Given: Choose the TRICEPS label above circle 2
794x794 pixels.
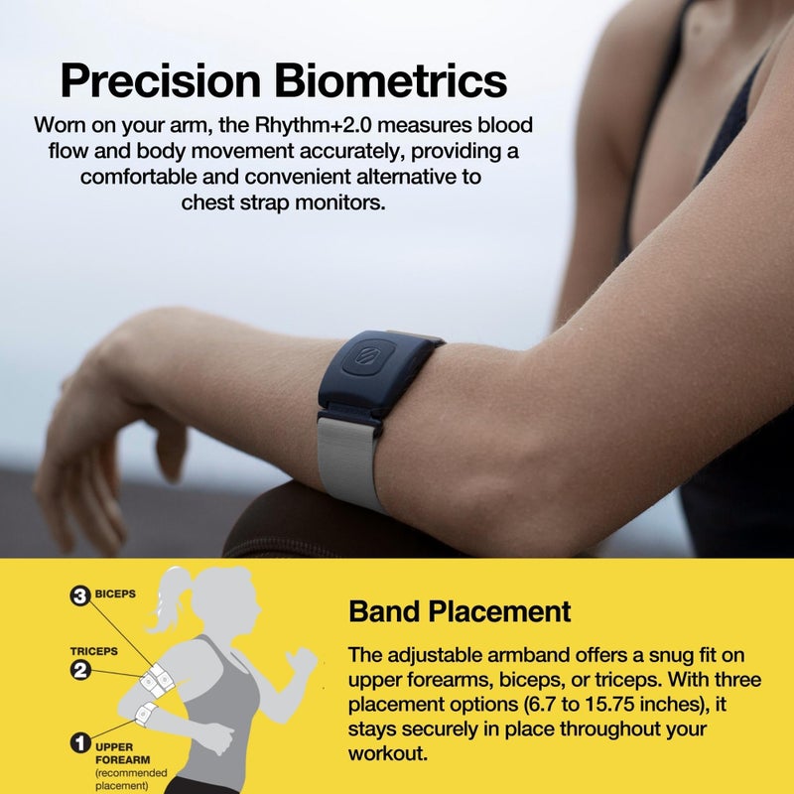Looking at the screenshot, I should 93,651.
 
